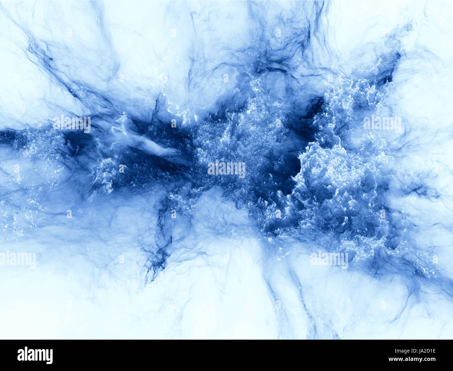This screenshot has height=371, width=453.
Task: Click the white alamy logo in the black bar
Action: pyautogui.click(x=35, y=355)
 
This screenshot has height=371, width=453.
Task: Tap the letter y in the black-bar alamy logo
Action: pyautogui.click(x=49, y=356)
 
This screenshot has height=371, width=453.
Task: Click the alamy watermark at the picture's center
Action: pyautogui.click(x=227, y=169)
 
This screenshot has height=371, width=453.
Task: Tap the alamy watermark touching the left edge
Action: pyautogui.click(x=17, y=260)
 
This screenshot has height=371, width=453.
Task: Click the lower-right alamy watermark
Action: pyautogui.click(x=329, y=260)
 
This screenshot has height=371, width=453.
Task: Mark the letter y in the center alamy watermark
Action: pyautogui.click(x=242, y=170)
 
